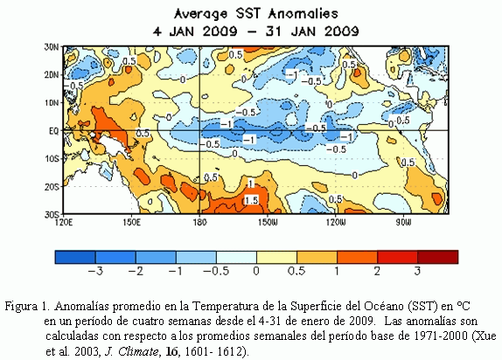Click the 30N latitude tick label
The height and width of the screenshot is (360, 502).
[x=52, y=46]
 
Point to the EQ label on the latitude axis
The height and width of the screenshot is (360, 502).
[x=53, y=130]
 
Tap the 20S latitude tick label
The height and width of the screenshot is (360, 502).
[x=52, y=186]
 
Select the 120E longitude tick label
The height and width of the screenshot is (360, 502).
[x=63, y=221]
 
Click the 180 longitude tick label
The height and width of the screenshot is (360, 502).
[x=199, y=221]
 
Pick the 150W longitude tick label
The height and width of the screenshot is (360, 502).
[x=268, y=221]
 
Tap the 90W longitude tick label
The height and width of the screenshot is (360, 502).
[x=403, y=221]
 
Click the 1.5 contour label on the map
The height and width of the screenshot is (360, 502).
[x=251, y=200]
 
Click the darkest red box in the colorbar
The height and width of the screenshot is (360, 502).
[x=437, y=257]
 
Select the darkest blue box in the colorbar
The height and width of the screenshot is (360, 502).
[x=75, y=257]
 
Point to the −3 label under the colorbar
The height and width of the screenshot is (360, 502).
[x=95, y=272]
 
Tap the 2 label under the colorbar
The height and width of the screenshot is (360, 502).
[x=377, y=272]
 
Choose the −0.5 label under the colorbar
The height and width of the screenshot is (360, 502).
[x=216, y=272]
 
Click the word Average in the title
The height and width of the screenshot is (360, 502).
[x=201, y=14]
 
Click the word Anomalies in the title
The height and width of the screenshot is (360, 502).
[x=303, y=14]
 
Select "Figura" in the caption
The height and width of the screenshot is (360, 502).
[x=20, y=307]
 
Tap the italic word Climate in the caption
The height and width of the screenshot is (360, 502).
[x=138, y=351]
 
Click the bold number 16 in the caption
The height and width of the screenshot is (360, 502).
[x=171, y=351]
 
